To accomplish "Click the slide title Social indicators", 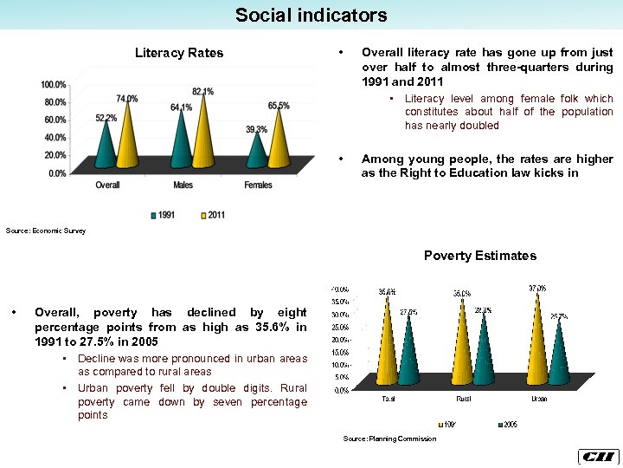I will click(x=311, y=15).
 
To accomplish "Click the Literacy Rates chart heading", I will click(x=179, y=53).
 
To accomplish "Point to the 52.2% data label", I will click(x=106, y=117).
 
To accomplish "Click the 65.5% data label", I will click(x=279, y=106).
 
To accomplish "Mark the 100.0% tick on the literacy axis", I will click(x=54, y=85).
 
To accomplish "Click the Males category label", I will click(x=183, y=185).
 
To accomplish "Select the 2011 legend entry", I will click(x=212, y=215).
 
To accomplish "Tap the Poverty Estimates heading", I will click(x=479, y=256).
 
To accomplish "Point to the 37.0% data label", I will click(x=536, y=288).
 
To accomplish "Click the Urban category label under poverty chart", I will click(x=537, y=399).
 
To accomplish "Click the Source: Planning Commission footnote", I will click(x=389, y=439).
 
